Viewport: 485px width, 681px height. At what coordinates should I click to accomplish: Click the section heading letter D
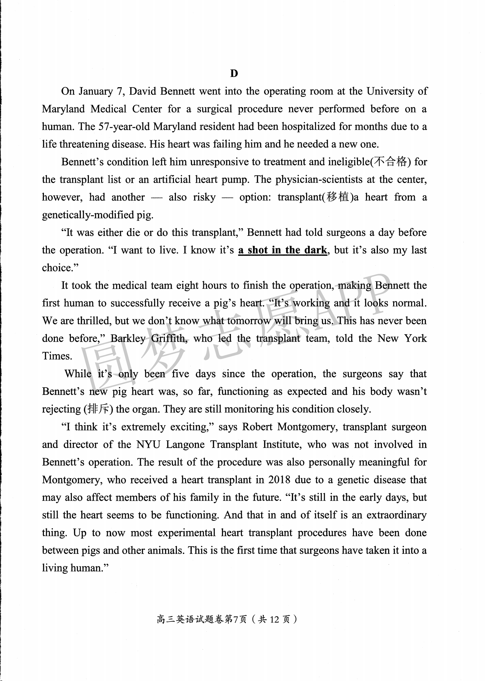(x=234, y=74)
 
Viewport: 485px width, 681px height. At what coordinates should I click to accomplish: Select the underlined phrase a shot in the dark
(x=282, y=250)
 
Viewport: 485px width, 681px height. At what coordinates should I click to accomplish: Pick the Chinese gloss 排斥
(x=97, y=409)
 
